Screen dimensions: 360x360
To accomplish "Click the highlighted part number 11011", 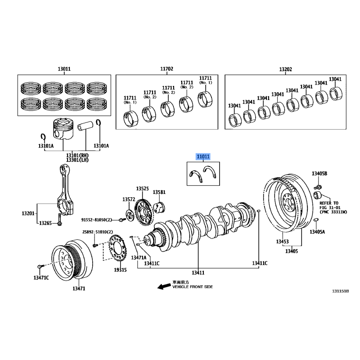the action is [203, 157].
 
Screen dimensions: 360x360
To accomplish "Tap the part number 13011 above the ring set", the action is [64, 69].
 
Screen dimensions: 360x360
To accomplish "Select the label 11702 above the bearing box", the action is [166, 69].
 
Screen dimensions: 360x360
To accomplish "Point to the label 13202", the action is [285, 69].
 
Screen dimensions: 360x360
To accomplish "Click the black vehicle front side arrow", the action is [164, 286].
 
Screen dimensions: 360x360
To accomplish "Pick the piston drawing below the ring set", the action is [63, 129].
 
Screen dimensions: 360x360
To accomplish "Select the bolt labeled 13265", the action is [60, 220].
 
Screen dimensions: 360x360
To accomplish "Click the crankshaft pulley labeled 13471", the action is [72, 259].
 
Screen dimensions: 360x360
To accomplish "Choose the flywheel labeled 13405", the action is [285, 203].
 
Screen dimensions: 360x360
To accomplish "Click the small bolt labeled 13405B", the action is [318, 187].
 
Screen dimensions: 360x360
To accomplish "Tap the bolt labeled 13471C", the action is [40, 266].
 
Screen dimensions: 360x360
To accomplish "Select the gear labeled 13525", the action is [144, 212].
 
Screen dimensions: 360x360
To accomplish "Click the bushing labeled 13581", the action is [160, 207].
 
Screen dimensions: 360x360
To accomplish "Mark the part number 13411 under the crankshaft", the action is [198, 273].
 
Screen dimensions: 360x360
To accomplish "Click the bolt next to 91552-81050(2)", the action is [122, 220].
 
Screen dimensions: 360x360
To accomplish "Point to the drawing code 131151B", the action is [341, 291].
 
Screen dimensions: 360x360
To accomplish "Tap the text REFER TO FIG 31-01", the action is [330, 205].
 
